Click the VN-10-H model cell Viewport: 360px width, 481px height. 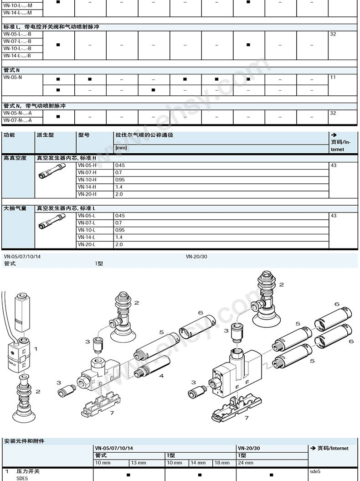[x=87, y=180]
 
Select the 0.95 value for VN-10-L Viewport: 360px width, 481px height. [x=120, y=230]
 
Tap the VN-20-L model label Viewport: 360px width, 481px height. [x=87, y=244]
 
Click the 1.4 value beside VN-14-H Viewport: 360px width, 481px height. [x=119, y=187]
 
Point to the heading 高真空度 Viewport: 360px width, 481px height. [x=15, y=158]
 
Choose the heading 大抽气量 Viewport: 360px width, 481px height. [x=15, y=208]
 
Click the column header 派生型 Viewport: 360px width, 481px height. [x=46, y=135]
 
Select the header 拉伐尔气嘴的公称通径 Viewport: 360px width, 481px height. [x=144, y=135]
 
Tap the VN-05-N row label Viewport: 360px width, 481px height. [x=13, y=78]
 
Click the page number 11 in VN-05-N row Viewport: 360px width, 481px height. [x=333, y=78]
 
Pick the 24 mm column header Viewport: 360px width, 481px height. [x=246, y=463]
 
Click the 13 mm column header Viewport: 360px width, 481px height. [x=138, y=463]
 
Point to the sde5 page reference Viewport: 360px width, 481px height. [x=315, y=471]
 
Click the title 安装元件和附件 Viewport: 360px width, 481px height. [x=24, y=441]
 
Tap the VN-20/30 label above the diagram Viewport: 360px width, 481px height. [x=196, y=256]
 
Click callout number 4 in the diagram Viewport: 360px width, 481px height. [x=161, y=376]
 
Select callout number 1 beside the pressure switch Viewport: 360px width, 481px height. [x=36, y=349]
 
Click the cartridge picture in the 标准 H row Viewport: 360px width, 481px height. [x=52, y=171]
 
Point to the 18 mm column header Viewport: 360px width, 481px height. [x=222, y=463]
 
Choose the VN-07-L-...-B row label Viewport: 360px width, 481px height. [x=17, y=41]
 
